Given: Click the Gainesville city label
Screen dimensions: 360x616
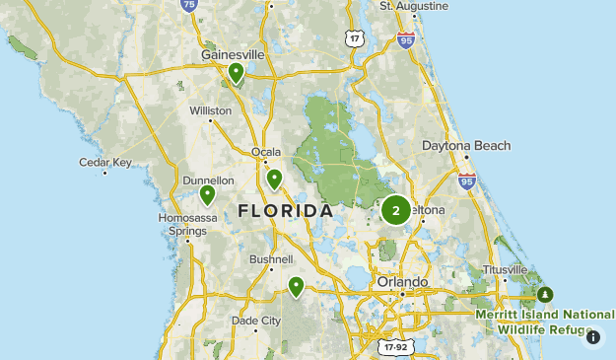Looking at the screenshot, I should tap(234, 55).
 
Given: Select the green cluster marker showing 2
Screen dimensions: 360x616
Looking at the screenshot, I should tap(396, 209).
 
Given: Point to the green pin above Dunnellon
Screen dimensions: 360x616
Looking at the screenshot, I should tap(207, 194).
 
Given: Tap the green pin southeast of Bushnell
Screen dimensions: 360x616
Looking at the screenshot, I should tap(296, 286).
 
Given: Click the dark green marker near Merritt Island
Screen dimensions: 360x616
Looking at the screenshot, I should tap(545, 294).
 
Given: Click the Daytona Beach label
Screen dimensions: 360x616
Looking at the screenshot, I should tap(467, 146).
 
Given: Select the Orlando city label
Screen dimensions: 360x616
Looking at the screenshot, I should tap(403, 282).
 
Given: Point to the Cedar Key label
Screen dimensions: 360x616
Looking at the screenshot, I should tap(105, 162).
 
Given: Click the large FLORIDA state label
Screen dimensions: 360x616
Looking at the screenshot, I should tap(286, 211).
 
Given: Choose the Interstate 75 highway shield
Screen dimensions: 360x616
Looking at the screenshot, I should tap(190, 5).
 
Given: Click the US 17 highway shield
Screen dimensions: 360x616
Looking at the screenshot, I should tap(355, 37).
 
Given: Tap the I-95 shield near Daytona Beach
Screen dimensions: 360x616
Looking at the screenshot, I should tap(467, 180).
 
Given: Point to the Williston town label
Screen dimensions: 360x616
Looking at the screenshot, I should tap(210, 110).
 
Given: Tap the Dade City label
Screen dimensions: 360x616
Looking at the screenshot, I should tap(256, 321).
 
